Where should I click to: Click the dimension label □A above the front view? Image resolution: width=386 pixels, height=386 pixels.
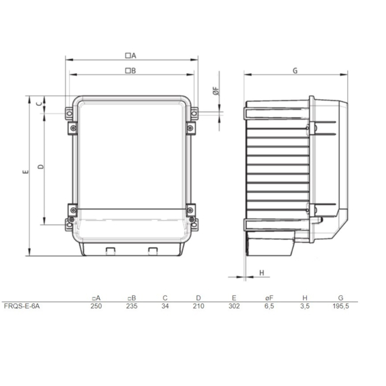coord(131,55)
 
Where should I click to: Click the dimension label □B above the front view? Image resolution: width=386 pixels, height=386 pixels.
coord(131,70)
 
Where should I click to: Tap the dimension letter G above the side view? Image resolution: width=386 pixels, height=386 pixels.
coord(295,70)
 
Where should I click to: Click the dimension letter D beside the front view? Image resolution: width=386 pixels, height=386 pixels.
coord(40,166)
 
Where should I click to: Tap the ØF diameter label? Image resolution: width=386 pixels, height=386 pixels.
coord(216,93)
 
